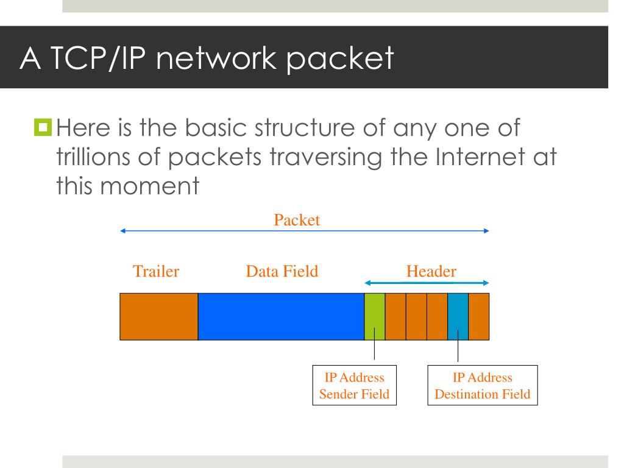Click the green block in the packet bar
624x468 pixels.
point(375,316)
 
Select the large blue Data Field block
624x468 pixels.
point(281,316)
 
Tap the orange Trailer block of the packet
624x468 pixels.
point(158,316)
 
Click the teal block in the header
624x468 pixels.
point(458,316)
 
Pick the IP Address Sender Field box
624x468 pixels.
point(354,386)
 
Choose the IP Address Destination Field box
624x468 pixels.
point(483,386)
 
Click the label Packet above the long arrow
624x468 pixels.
point(297,220)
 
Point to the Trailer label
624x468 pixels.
point(156,271)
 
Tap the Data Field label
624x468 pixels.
point(282,271)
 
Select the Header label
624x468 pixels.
point(431,271)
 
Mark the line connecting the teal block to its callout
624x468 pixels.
point(458,352)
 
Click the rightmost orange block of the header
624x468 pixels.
point(479,316)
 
